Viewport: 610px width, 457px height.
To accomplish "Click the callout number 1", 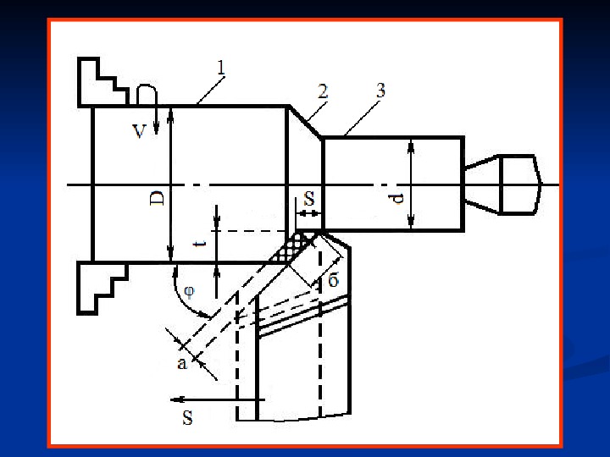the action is [x=219, y=66].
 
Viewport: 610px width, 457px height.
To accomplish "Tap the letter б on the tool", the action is [x=333, y=281].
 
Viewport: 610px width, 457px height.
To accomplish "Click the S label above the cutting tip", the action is [x=309, y=200].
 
